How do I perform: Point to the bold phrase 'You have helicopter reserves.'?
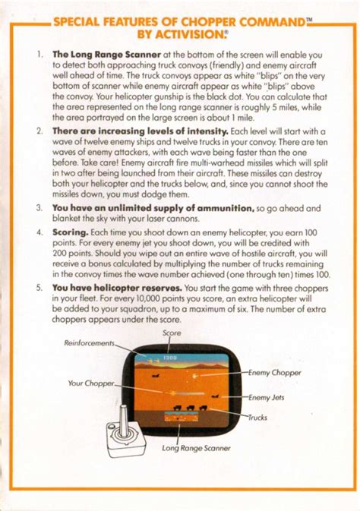coord(117,289)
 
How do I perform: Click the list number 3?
coord(39,207)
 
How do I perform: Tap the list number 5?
coord(39,289)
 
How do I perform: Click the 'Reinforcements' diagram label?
coord(89,343)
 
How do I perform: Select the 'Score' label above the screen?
coord(172,333)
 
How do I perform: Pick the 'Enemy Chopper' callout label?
coord(276,373)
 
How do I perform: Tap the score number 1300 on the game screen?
coord(171,357)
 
